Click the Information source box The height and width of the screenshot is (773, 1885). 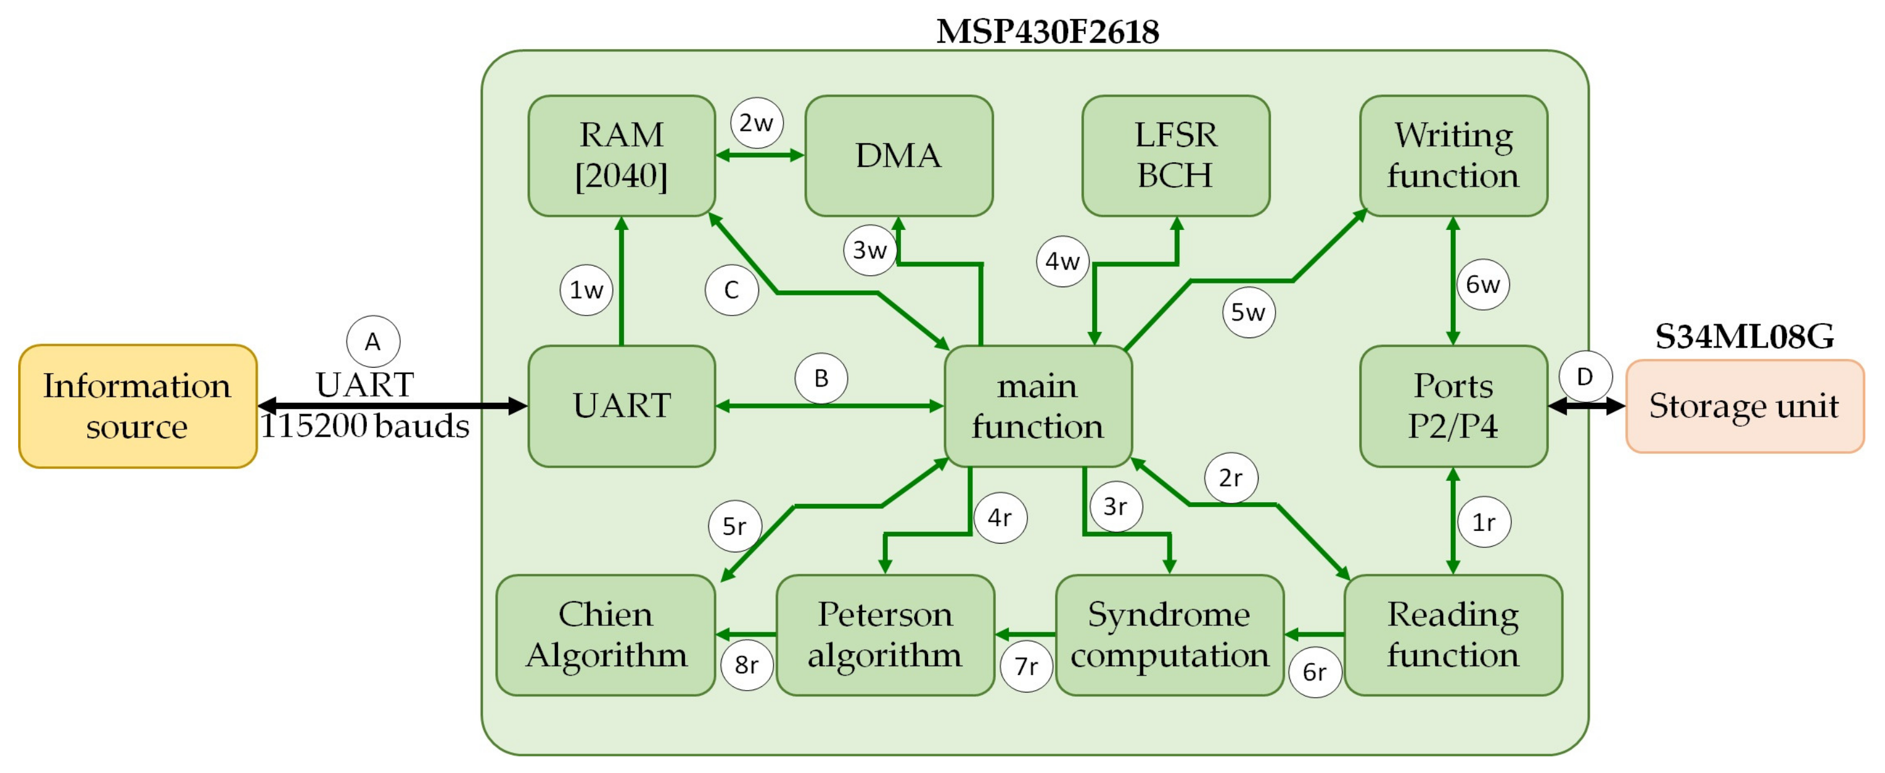pos(138,406)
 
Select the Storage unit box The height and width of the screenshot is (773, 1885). pos(1744,406)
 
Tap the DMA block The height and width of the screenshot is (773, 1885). pos(899,156)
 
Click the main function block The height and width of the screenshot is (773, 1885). pos(1037,406)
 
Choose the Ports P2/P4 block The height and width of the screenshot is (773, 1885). pos(1453,406)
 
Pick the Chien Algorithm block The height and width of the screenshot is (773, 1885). pos(606,635)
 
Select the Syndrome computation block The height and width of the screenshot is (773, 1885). pos(1169,635)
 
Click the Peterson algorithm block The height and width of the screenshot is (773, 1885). pos(885,635)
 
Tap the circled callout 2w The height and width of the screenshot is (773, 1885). pos(757,123)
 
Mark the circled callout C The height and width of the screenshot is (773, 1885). pos(731,290)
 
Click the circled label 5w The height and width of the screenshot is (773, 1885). pos(1248,312)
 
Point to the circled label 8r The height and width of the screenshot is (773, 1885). pos(746,665)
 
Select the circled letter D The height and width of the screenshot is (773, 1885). pos(1585,377)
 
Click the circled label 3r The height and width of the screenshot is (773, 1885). pos(1115,506)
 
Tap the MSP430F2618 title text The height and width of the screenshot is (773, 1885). pos(1047,32)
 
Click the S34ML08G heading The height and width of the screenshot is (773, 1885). pos(1744,337)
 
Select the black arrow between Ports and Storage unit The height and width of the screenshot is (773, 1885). pos(1587,405)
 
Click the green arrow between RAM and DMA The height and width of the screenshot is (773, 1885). pos(760,155)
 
